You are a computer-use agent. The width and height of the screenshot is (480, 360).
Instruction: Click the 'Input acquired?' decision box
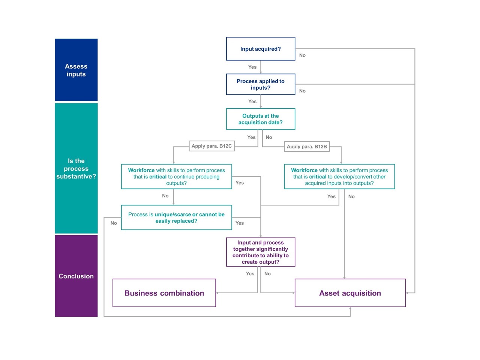[x=261, y=49]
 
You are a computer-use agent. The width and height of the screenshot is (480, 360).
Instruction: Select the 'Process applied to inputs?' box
[x=261, y=84]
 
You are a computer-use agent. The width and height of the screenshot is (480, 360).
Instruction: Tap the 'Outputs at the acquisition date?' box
[x=261, y=119]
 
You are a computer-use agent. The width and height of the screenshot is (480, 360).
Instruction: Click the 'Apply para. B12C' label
[x=211, y=146]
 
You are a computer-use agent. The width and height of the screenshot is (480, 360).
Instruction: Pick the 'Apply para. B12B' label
[x=307, y=147]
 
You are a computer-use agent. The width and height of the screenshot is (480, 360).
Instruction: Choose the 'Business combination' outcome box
[x=164, y=293]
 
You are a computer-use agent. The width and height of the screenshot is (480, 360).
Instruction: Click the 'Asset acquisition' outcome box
[x=350, y=293]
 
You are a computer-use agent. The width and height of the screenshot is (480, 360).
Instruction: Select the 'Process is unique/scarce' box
[x=176, y=217]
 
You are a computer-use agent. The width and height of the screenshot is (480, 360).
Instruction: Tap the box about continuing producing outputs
[x=176, y=176]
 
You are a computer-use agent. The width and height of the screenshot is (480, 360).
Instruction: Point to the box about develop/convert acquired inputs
[x=339, y=176]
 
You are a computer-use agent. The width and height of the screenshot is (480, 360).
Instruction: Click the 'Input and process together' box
[x=261, y=252]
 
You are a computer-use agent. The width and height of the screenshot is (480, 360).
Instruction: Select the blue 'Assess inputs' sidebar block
[x=76, y=70]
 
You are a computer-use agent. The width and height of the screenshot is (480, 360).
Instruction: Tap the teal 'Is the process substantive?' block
[x=76, y=168]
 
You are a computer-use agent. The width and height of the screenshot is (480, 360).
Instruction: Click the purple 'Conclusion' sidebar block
[x=76, y=276]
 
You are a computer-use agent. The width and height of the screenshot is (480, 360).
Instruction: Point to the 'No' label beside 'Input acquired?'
[x=302, y=55]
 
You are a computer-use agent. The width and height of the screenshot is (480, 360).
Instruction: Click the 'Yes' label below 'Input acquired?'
[x=252, y=67]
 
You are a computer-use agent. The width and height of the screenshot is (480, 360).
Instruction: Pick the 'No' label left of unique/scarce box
[x=114, y=223]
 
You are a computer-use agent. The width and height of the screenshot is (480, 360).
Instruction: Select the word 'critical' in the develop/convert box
[x=318, y=177]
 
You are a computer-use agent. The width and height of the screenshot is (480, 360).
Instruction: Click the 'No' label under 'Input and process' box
[x=267, y=274]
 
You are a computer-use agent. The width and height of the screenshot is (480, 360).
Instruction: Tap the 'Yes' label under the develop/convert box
[x=331, y=196]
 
